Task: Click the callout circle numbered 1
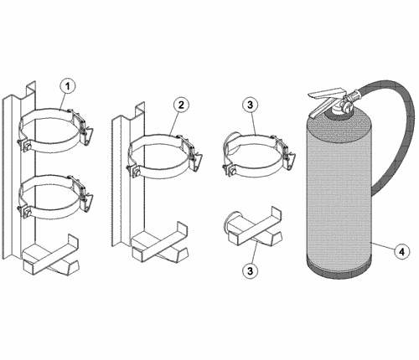tap(68, 86)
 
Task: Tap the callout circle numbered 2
tap(181, 105)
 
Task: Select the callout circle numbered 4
tap(401, 252)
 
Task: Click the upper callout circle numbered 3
tap(250, 105)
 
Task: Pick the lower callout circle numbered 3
tap(250, 270)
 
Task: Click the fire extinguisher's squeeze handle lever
tap(327, 102)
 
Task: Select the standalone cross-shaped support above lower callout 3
tap(255, 228)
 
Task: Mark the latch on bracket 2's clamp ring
tap(194, 153)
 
